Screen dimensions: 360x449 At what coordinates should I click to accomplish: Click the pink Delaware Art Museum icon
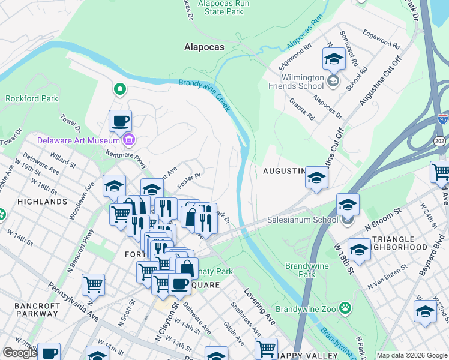coord(128,140)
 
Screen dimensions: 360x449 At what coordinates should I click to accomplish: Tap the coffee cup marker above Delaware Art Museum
coord(120,121)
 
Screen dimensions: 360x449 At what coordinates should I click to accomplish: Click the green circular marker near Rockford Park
coord(119,90)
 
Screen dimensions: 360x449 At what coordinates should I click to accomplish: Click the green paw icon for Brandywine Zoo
coord(345,308)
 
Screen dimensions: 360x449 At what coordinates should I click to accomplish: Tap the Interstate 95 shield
coord(442,119)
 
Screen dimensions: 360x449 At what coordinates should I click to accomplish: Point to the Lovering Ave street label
coord(259,306)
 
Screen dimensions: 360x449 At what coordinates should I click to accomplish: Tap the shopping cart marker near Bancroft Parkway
coord(93,286)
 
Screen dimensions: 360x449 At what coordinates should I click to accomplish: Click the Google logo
coord(20,353)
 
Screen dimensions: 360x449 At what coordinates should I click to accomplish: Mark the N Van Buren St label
coord(388,287)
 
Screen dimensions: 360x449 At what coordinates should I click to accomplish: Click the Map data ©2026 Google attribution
coord(412,355)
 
